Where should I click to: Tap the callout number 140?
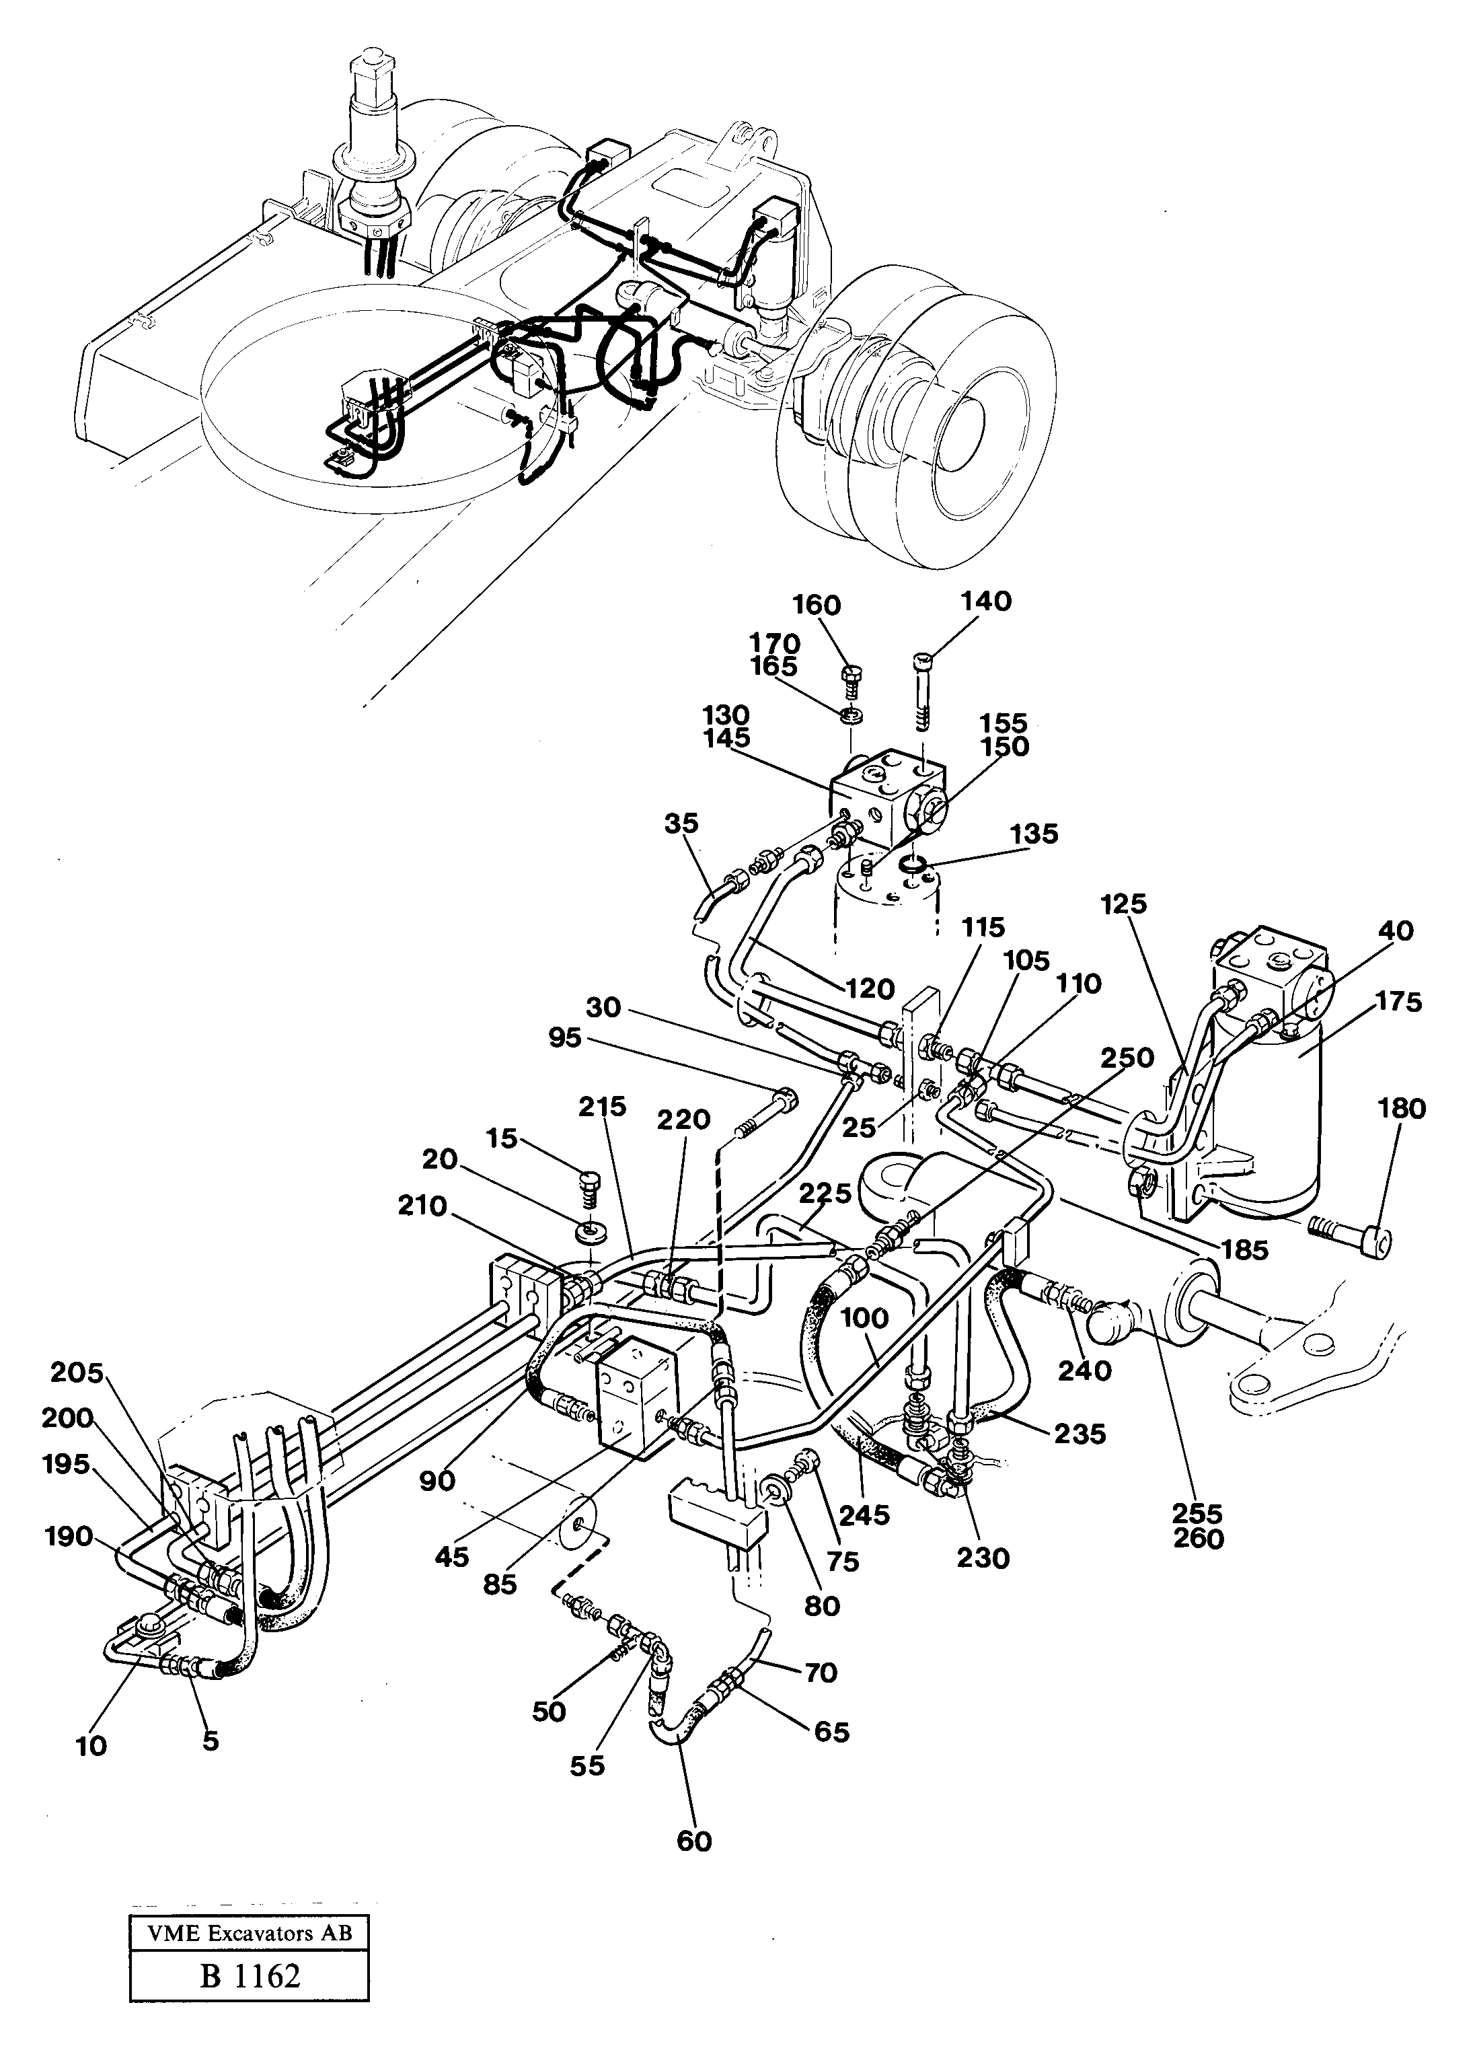[986, 601]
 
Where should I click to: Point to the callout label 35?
[681, 824]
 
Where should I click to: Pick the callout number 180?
[1401, 1108]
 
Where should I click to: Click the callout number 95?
[566, 1038]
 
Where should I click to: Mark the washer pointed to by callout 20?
[591, 1231]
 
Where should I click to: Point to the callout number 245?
[863, 1515]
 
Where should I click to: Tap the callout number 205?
[77, 1373]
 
